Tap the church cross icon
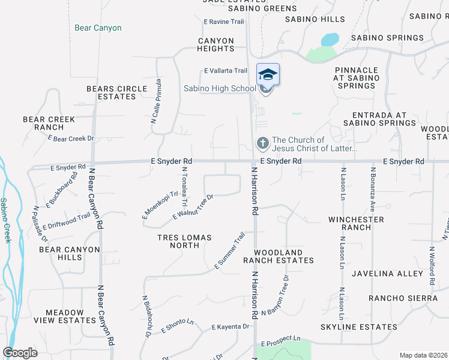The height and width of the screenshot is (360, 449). (262, 143)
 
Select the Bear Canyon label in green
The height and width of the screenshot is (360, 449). (98, 28)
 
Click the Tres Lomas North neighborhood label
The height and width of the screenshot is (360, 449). (184, 241)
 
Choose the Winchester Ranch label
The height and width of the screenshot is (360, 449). (356, 223)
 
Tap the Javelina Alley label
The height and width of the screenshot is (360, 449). (388, 274)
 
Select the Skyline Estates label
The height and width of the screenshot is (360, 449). (358, 327)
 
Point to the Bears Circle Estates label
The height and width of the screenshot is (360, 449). (116, 92)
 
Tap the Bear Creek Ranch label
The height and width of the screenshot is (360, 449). (49, 123)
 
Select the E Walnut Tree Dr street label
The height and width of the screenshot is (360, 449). (193, 206)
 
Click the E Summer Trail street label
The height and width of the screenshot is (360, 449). (230, 251)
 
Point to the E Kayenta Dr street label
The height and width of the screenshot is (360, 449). (230, 327)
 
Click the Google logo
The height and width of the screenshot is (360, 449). (20, 353)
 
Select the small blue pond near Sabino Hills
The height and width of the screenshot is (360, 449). (330, 40)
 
